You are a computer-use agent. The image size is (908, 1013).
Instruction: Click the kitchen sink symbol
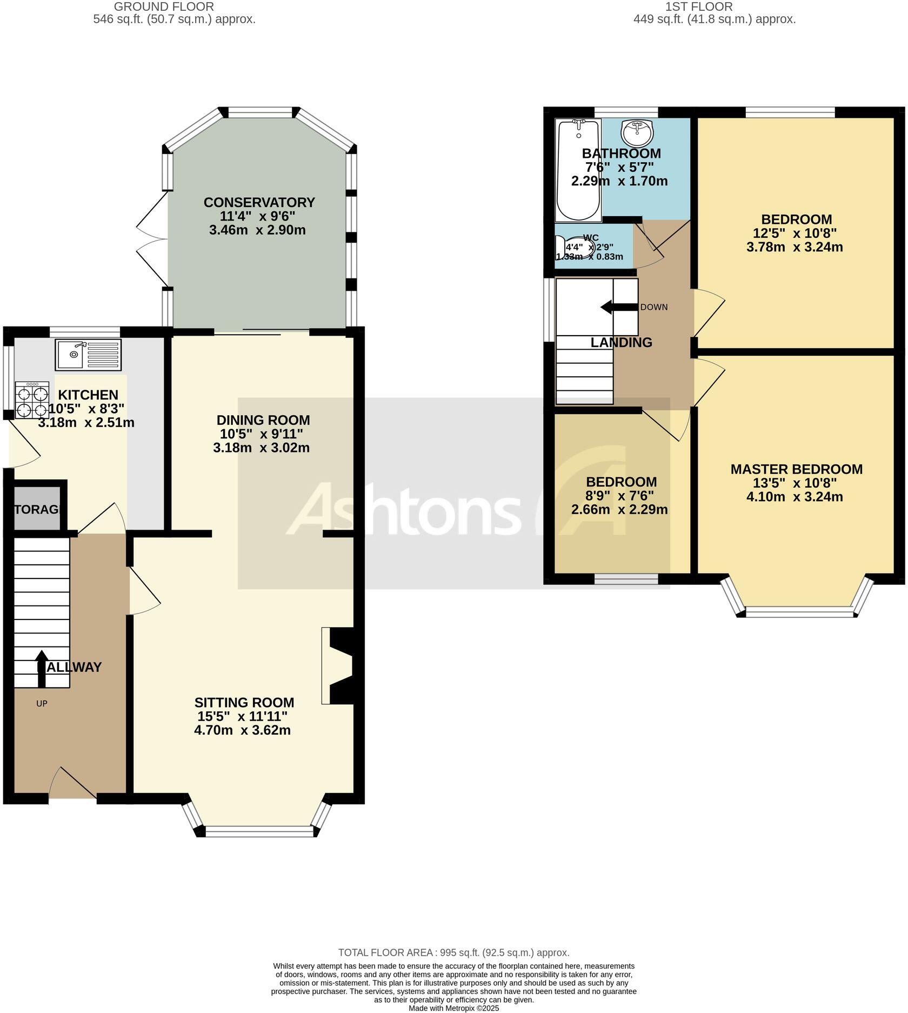[x=88, y=355]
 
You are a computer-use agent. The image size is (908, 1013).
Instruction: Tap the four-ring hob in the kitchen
[x=32, y=401]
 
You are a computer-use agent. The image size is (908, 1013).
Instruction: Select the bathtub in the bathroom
[x=578, y=170]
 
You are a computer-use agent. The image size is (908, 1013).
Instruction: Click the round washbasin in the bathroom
[x=637, y=133]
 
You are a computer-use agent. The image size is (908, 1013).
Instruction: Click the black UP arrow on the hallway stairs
[x=42, y=663]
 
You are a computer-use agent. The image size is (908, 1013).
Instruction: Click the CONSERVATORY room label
[x=259, y=202]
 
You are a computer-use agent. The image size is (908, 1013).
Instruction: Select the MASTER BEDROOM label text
[x=796, y=469]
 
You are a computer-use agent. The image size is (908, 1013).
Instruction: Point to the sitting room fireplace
[x=339, y=665]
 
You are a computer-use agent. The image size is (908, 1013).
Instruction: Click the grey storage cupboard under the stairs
[x=36, y=509]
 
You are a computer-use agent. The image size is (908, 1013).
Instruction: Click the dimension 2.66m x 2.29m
[x=619, y=509]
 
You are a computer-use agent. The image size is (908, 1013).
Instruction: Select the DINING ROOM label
[x=263, y=420]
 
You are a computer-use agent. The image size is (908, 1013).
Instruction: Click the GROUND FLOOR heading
[x=164, y=6]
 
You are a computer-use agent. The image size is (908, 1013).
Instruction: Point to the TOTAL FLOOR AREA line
[x=453, y=952]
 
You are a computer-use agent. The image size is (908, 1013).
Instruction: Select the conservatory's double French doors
[x=152, y=238]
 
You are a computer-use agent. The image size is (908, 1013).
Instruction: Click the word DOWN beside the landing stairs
[x=653, y=307]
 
